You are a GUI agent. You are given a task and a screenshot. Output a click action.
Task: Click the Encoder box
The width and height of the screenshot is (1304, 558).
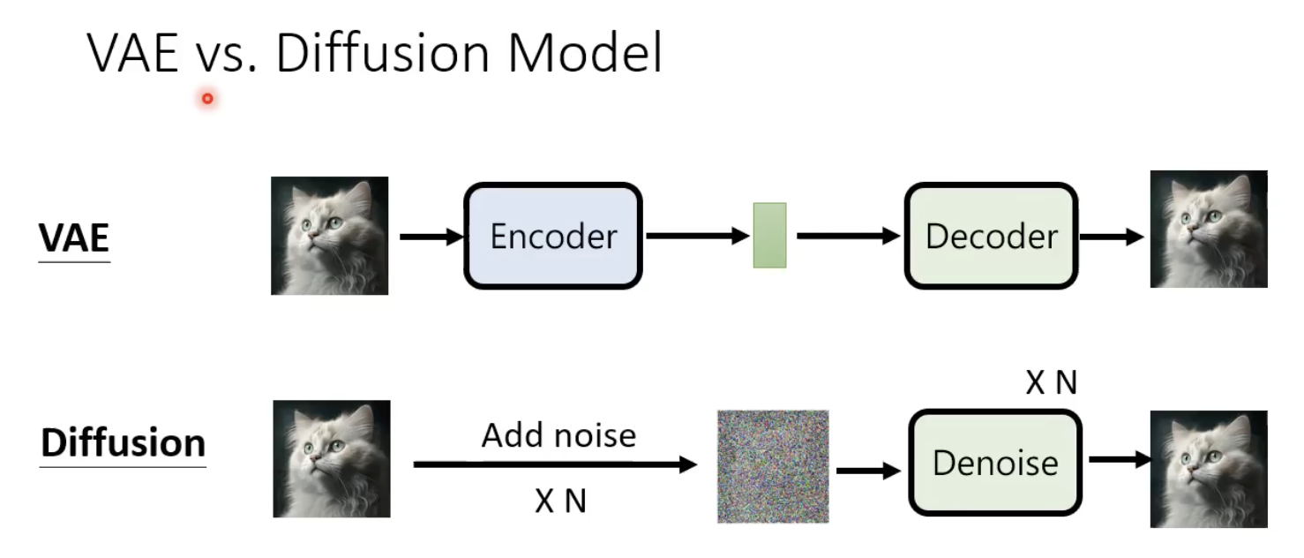(553, 236)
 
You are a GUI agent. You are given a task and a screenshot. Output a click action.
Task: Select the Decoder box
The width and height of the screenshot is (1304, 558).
(991, 236)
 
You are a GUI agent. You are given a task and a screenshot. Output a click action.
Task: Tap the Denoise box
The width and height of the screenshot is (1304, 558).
(995, 463)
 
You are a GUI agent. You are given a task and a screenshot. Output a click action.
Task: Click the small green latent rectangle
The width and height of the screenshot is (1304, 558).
(769, 235)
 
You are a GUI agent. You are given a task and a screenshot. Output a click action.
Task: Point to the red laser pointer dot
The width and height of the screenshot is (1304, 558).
(207, 98)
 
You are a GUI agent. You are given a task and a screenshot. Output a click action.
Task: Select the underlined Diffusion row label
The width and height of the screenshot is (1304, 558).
(123, 442)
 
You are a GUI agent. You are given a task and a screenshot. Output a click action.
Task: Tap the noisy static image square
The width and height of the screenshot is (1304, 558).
(773, 466)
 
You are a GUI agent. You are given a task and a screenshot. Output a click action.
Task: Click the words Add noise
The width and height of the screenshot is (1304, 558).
(558, 435)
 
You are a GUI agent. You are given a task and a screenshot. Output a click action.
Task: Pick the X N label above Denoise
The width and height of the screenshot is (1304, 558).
(1051, 382)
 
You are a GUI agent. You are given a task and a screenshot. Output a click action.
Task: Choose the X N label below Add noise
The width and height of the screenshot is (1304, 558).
(560, 501)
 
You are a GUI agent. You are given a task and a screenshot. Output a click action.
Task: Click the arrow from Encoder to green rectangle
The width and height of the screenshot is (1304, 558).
(698, 236)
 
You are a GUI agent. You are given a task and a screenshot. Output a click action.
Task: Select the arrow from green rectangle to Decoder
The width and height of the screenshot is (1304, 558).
(848, 236)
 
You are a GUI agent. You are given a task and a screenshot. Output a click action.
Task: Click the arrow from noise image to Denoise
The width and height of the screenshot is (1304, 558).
(868, 471)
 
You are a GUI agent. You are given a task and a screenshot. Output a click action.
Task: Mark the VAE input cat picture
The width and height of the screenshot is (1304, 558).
(329, 236)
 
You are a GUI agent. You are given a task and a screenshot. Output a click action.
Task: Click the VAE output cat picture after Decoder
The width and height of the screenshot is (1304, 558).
(1209, 230)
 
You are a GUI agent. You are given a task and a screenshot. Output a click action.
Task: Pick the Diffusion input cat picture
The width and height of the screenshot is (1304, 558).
(331, 458)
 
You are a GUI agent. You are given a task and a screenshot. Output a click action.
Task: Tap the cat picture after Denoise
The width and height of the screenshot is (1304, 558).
(1209, 469)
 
